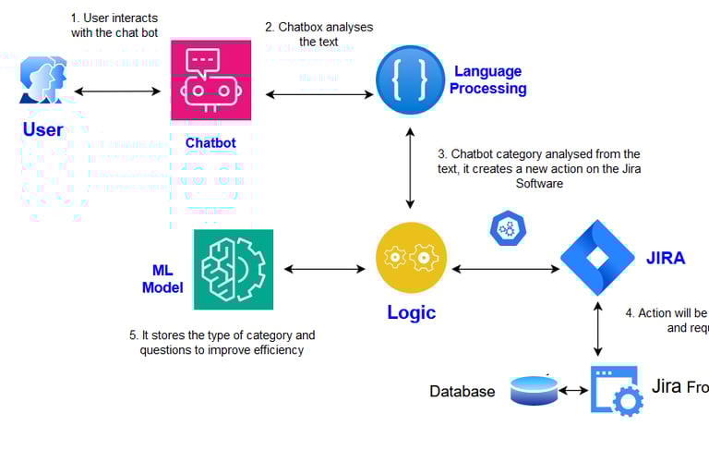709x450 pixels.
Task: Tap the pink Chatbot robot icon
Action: (x=211, y=81)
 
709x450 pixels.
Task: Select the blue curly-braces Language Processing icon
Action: (x=410, y=80)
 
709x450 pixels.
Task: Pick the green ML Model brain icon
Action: (x=234, y=269)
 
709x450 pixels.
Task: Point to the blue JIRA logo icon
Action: (x=598, y=258)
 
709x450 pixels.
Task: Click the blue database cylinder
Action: (x=534, y=391)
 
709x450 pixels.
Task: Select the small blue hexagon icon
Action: (x=507, y=228)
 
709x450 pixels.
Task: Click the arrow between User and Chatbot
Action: (x=117, y=91)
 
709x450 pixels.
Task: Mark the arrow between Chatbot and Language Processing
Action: (x=319, y=94)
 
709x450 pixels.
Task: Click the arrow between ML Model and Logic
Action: (x=325, y=269)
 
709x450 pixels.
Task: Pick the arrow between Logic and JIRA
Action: (x=505, y=269)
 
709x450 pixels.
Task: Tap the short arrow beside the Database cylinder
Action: (x=573, y=391)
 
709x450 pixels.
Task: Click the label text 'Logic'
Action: (x=411, y=312)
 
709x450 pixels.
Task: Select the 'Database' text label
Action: (x=463, y=392)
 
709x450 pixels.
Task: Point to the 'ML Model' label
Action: (x=162, y=278)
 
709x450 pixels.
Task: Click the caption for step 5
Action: (x=227, y=342)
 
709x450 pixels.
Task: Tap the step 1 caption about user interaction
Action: (x=114, y=25)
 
